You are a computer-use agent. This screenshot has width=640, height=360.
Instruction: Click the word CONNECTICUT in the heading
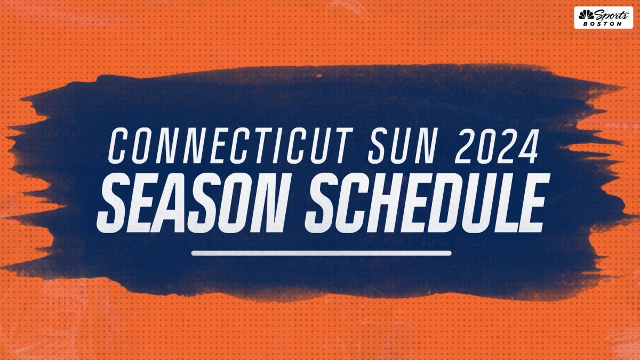pyautogui.click(x=230, y=146)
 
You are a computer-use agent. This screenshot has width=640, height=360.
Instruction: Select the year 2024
pyautogui.click(x=497, y=146)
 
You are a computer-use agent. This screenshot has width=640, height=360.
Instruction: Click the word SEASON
pyautogui.click(x=191, y=203)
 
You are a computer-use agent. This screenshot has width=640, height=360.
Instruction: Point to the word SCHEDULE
pyautogui.click(x=427, y=203)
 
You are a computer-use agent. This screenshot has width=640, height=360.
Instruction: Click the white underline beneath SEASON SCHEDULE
pyautogui.click(x=321, y=253)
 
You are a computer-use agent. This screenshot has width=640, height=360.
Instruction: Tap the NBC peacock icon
pyautogui.click(x=586, y=15)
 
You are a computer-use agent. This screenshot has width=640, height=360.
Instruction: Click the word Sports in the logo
pyautogui.click(x=611, y=15)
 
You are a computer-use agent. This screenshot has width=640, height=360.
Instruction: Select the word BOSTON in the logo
pyautogui.click(x=602, y=24)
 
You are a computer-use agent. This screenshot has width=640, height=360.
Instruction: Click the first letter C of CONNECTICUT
pyautogui.click(x=119, y=146)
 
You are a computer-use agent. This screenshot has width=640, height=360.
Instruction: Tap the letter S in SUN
pyautogui.click(x=378, y=146)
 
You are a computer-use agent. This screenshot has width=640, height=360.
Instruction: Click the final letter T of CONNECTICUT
pyautogui.click(x=343, y=146)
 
